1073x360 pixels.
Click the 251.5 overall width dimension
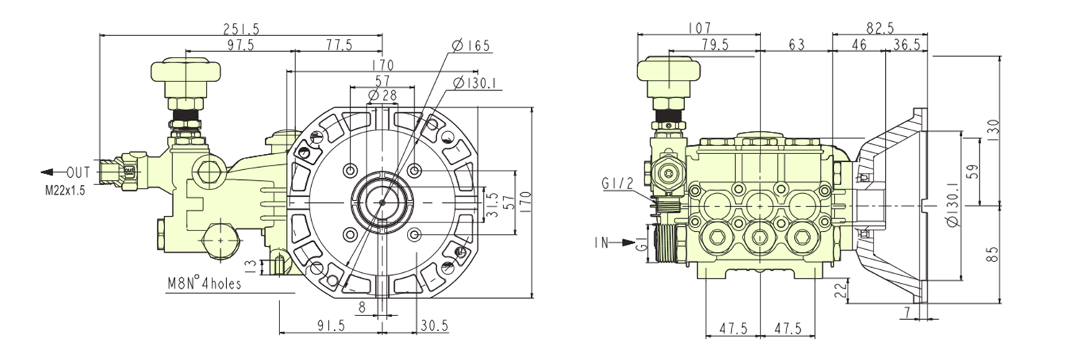click(x=241, y=29)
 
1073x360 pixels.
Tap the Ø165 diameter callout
click(x=471, y=46)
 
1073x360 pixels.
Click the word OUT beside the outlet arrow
click(x=78, y=173)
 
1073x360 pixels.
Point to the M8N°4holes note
click(x=205, y=284)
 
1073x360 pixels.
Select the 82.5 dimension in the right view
click(x=880, y=28)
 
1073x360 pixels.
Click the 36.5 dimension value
click(x=906, y=45)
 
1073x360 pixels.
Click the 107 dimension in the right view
click(x=699, y=28)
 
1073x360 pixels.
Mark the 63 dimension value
click(x=796, y=45)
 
